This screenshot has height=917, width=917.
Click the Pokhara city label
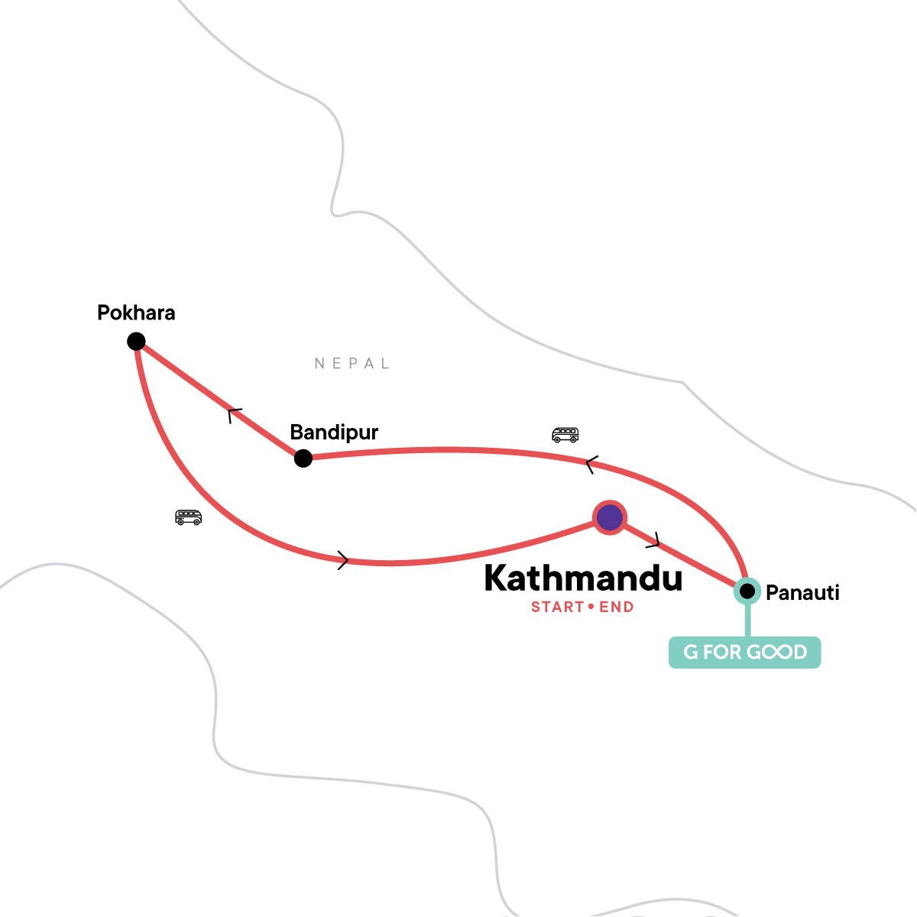pos(136,313)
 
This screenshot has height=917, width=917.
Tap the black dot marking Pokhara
pos(136,341)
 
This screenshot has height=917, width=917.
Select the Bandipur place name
pos(334,433)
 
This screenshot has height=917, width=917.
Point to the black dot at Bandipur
pos(303,458)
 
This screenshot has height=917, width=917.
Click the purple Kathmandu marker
pos(610,518)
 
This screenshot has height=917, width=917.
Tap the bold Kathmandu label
pos(583,578)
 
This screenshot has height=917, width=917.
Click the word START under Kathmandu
pos(558,608)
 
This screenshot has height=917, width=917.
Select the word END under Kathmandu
pos(617,608)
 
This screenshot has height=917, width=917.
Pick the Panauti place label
pos(802,593)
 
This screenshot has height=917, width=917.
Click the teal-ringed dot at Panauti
pos(747,591)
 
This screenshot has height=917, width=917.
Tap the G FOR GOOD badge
pos(744,653)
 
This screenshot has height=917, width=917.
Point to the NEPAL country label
pos(352,364)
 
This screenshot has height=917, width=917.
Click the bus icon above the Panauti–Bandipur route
pos(565,435)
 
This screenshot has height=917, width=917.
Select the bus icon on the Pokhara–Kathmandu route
pos(188,517)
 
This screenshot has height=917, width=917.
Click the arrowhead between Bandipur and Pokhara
pos(235,415)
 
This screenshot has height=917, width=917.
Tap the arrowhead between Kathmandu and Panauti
pos(653,541)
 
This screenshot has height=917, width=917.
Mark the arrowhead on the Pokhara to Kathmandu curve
pos(343,561)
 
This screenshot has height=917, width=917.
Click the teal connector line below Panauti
pos(747,621)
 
